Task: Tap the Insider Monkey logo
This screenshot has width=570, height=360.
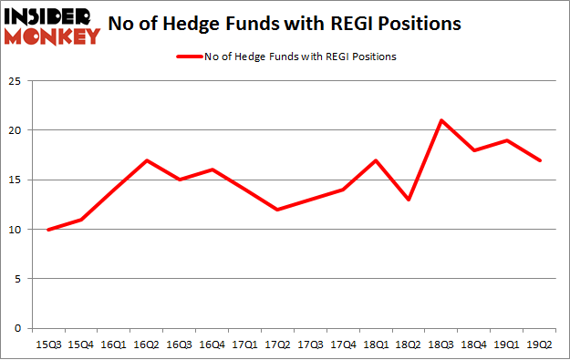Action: [53, 25]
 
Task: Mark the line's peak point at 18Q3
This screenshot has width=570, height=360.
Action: [441, 120]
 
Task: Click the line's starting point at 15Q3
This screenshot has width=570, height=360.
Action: [48, 230]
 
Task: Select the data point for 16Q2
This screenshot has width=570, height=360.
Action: [147, 160]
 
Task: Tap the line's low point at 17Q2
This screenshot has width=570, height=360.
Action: [277, 210]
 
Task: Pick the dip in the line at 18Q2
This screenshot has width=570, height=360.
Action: [409, 200]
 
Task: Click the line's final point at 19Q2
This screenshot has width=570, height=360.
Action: [540, 160]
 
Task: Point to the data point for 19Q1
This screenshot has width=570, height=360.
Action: [507, 140]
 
